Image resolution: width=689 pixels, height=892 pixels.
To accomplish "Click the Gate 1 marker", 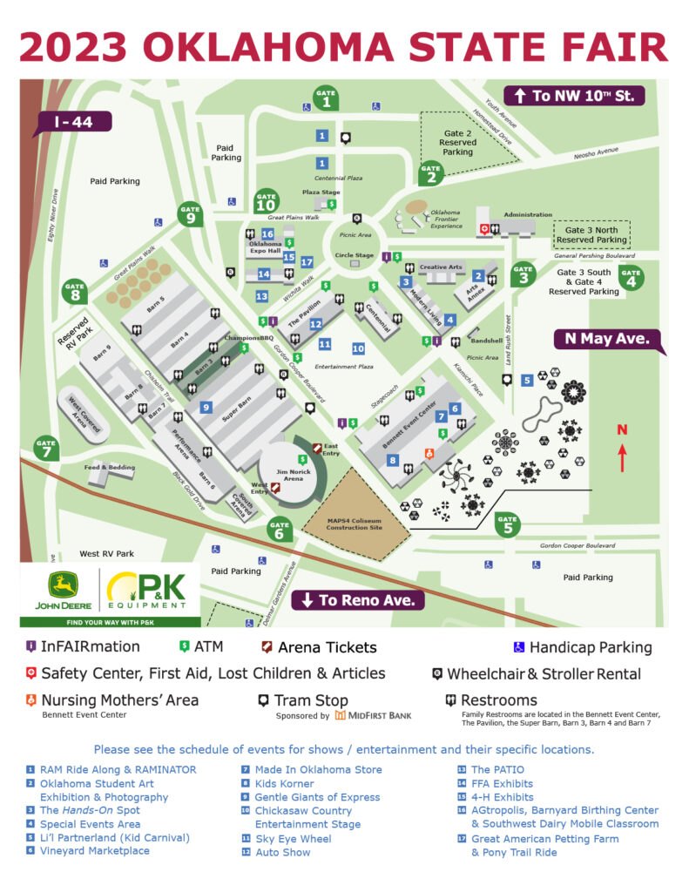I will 326,99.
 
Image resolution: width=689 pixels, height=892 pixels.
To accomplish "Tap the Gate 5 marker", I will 508,524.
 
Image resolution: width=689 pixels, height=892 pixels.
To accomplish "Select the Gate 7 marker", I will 45,449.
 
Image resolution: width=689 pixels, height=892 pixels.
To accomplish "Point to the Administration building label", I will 527,214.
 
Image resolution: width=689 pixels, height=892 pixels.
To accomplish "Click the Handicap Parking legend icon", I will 517,647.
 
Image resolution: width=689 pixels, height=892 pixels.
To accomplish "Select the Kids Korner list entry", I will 285,783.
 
